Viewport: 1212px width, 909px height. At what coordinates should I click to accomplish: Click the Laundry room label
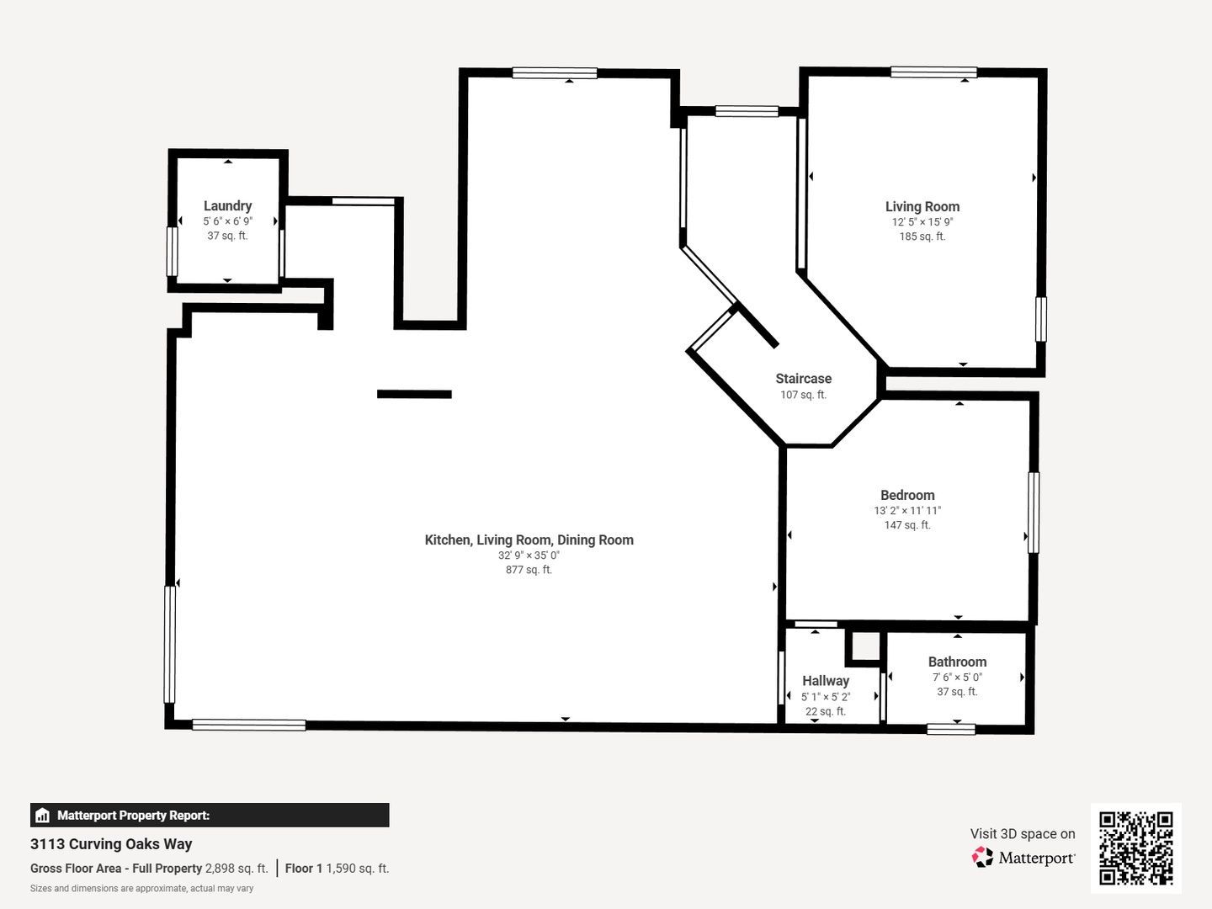227,205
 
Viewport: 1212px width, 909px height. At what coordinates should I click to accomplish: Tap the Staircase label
803,379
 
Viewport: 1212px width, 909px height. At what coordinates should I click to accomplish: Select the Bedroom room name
907,495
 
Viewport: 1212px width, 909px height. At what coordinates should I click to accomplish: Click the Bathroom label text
957,662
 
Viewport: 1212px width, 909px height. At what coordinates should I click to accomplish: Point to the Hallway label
825,681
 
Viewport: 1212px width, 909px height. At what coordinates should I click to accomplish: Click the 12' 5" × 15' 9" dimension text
922,222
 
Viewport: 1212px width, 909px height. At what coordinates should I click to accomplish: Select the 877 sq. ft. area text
529,570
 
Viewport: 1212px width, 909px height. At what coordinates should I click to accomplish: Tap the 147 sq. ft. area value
907,525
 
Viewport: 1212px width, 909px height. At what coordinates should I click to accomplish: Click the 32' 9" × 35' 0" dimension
529,555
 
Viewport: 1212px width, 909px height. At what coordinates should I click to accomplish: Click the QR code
1136,848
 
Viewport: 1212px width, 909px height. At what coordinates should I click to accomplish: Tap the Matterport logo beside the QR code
1023,858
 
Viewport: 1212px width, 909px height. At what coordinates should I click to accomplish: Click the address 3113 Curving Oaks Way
111,844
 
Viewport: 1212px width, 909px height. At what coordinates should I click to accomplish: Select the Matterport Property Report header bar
210,815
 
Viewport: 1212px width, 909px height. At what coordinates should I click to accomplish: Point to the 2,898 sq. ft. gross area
237,869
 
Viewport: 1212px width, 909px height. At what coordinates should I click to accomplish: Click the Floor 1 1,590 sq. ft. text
337,869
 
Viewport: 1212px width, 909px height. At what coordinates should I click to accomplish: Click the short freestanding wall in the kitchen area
414,394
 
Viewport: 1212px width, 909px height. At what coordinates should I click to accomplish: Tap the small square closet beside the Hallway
863,646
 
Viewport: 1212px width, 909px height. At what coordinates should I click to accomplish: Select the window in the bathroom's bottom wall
951,729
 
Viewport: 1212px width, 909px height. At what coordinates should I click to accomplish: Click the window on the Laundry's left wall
173,251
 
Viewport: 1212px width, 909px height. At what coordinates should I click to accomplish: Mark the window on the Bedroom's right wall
1034,512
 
